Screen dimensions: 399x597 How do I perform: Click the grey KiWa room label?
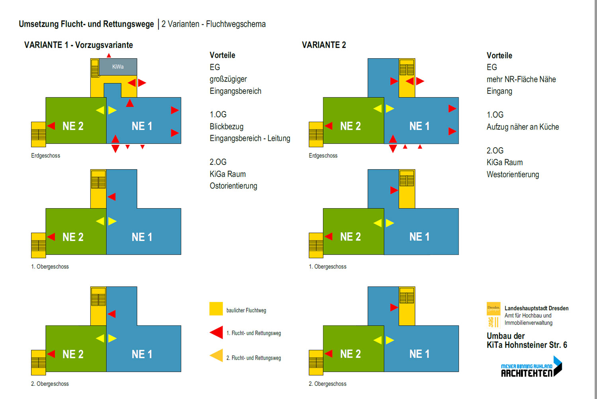(x=118, y=67)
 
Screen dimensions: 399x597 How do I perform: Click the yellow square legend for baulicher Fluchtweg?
(x=216, y=309)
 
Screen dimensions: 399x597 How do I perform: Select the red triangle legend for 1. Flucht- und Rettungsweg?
(x=217, y=332)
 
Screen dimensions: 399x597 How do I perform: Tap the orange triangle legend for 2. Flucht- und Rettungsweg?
(x=217, y=355)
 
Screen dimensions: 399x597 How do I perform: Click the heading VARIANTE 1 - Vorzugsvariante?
(x=78, y=45)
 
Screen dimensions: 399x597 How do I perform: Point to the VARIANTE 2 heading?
(x=324, y=45)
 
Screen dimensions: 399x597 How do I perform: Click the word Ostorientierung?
(x=233, y=186)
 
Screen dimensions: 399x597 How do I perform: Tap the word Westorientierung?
(x=513, y=174)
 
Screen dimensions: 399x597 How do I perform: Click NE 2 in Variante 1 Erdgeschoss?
(x=73, y=126)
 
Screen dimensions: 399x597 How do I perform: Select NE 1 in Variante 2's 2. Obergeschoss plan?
(x=419, y=354)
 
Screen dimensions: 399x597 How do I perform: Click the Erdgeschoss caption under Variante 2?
(x=323, y=156)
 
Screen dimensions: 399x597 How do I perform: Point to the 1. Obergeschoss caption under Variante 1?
(x=50, y=267)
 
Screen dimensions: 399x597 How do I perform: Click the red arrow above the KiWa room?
(x=109, y=55)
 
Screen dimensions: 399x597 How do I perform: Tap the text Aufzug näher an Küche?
(x=523, y=127)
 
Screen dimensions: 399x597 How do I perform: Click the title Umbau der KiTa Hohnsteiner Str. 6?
(x=527, y=340)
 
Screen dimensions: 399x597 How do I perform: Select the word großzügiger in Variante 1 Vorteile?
(x=228, y=79)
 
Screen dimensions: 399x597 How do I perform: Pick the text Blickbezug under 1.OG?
(x=226, y=126)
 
